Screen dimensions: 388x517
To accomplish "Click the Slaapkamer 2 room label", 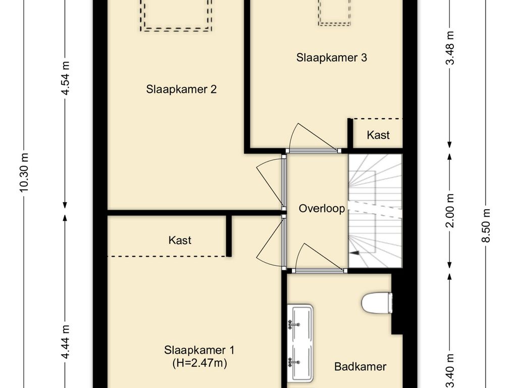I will [181, 89].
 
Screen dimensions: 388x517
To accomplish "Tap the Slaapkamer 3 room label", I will [331, 58].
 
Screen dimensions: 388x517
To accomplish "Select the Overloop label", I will [322, 208].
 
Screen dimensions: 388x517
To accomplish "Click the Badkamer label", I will [360, 367].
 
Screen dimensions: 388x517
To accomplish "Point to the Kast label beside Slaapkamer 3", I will [378, 135].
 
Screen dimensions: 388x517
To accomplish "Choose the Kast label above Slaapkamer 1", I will [180, 240].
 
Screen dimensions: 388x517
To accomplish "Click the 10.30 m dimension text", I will [24, 172].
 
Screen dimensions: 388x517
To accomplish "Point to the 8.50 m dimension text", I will [486, 225].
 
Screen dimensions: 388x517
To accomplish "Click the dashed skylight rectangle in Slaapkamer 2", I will [176, 15].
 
